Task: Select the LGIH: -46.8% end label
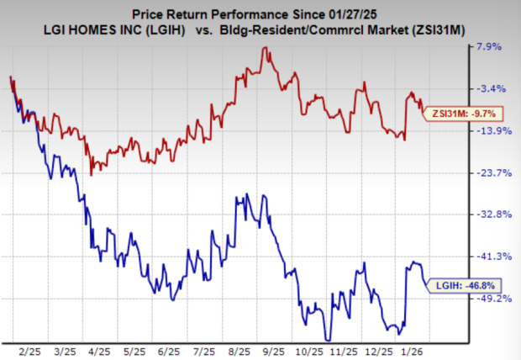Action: [x=459, y=286]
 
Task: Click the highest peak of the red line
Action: [x=265, y=48]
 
